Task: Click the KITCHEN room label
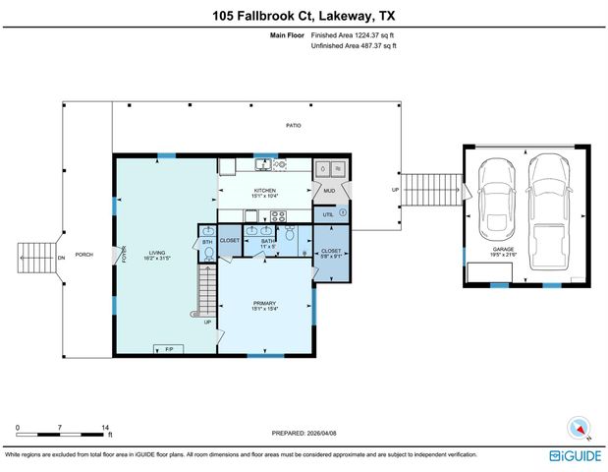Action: pos(265,191)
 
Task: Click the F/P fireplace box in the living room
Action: pos(168,349)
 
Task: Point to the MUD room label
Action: pos(329,190)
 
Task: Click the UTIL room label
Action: pos(328,212)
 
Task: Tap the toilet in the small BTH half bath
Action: pos(207,253)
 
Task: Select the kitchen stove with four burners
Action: pos(278,216)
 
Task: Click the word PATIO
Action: pos(293,126)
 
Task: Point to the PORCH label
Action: pos(84,255)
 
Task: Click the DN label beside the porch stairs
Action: pos(61,258)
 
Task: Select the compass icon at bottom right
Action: pos(578,428)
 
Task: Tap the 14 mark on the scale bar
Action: pos(105,428)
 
